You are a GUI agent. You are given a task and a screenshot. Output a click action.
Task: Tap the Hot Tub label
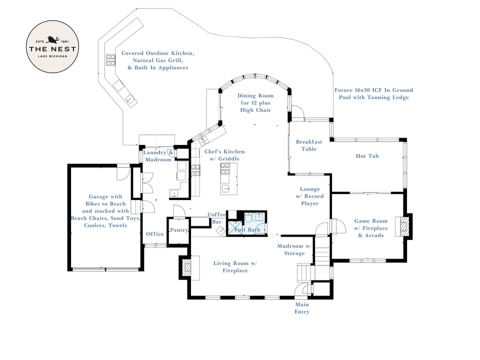pos(367,156)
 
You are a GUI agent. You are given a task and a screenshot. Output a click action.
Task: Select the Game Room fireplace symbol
pos(401,226)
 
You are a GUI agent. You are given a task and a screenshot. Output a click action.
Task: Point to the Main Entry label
pos(301,308)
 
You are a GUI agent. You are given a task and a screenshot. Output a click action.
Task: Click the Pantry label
pos(178,230)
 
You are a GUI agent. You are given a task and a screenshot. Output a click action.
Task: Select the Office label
pos(155,234)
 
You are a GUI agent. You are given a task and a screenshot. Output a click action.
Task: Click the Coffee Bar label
pos(216,218)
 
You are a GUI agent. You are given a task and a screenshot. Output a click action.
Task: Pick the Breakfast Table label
pos(308,145)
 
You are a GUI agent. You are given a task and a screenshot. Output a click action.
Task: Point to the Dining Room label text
pos(255,102)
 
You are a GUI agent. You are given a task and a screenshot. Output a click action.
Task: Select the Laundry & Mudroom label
pos(158,156)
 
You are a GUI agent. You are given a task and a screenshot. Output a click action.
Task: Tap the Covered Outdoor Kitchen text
pos(157,60)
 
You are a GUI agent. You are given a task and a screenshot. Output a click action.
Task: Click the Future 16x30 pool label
pos(373,93)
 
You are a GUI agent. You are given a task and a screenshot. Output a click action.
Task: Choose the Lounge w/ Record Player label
pos(309,196)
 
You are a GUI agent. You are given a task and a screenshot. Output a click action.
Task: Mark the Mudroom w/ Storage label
pos(294,249)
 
